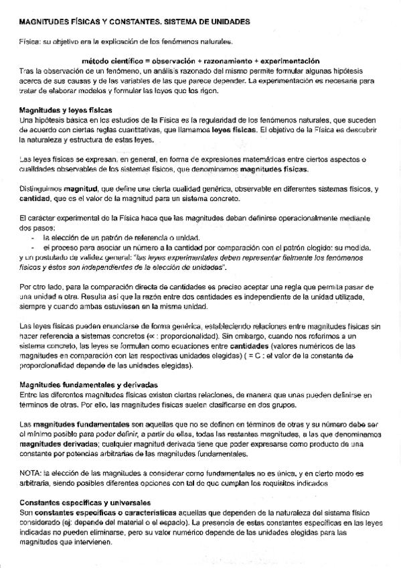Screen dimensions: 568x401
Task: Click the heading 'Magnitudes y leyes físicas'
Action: pyautogui.click(x=66, y=109)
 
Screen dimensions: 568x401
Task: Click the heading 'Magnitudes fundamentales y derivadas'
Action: pyautogui.click(x=89, y=386)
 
